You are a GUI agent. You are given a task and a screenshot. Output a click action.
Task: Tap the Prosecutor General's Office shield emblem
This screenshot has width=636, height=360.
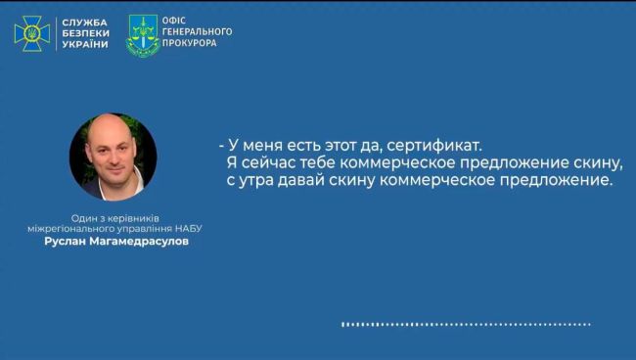point(143,35)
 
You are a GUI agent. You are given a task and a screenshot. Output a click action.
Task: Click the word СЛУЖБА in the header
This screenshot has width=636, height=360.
point(85,22)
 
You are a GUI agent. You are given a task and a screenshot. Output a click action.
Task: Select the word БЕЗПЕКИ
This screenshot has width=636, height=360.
point(84,33)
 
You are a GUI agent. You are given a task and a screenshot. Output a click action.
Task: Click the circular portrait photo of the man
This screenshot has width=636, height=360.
point(113,157)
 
